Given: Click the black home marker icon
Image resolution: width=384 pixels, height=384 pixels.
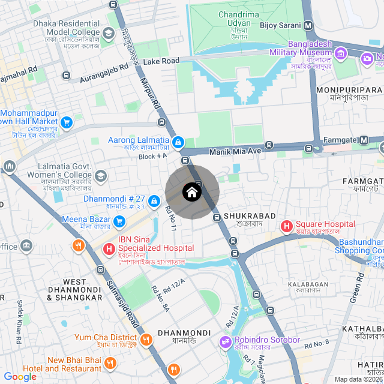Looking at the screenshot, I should click(x=191, y=193).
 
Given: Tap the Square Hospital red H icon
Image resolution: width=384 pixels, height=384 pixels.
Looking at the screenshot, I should click(x=287, y=226).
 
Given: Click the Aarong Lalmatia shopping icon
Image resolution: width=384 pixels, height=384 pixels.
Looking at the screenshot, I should click(x=178, y=142).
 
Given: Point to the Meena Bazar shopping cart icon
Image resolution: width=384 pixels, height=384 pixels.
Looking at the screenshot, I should click(x=119, y=221).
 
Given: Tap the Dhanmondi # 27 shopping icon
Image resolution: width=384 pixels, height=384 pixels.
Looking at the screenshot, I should click(x=154, y=200).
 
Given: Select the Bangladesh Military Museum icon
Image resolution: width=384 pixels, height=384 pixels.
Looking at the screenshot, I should click(x=341, y=55).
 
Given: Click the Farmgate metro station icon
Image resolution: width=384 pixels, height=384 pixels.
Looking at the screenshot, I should click(x=364, y=140).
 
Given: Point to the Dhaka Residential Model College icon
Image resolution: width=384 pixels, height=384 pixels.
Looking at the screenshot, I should click(x=109, y=32).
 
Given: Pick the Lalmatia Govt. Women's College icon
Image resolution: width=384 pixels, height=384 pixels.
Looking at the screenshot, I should click(x=100, y=176).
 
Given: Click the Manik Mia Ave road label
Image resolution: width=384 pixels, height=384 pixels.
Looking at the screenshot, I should click(x=235, y=151).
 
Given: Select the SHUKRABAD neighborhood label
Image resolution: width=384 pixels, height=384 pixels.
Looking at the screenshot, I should click(x=249, y=215).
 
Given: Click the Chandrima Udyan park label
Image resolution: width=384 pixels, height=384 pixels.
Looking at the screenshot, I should click(x=238, y=19).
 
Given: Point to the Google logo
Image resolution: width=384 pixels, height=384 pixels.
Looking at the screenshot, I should click(x=20, y=376).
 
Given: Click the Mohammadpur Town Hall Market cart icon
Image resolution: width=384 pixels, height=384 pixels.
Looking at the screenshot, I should click(x=67, y=122).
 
